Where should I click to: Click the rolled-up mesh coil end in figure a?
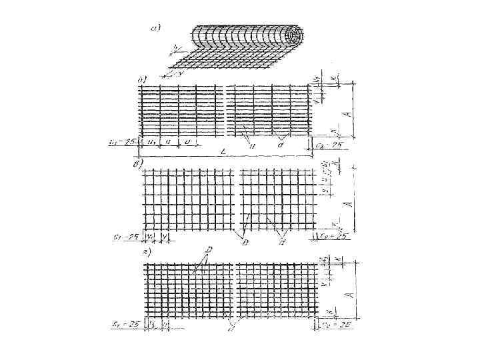tap(293, 36)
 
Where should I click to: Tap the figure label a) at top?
tap(155, 28)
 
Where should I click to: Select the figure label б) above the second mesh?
tap(143, 80)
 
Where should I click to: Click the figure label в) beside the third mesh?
tap(139, 162)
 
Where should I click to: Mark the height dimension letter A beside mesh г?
tap(347, 292)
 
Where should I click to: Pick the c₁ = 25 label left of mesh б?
tap(123, 142)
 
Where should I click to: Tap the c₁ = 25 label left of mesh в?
tap(124, 235)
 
